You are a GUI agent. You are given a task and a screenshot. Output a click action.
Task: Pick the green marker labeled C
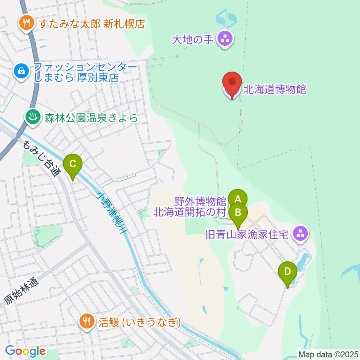point(73,164)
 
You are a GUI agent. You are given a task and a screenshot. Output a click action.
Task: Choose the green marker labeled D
point(287,271)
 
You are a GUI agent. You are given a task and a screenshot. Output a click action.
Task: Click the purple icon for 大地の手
point(225,38)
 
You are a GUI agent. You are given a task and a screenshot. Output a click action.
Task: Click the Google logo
point(25,351)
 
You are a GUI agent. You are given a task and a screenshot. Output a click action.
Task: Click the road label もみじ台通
point(41,158)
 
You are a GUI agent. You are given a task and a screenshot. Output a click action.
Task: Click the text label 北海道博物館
point(275,90)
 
